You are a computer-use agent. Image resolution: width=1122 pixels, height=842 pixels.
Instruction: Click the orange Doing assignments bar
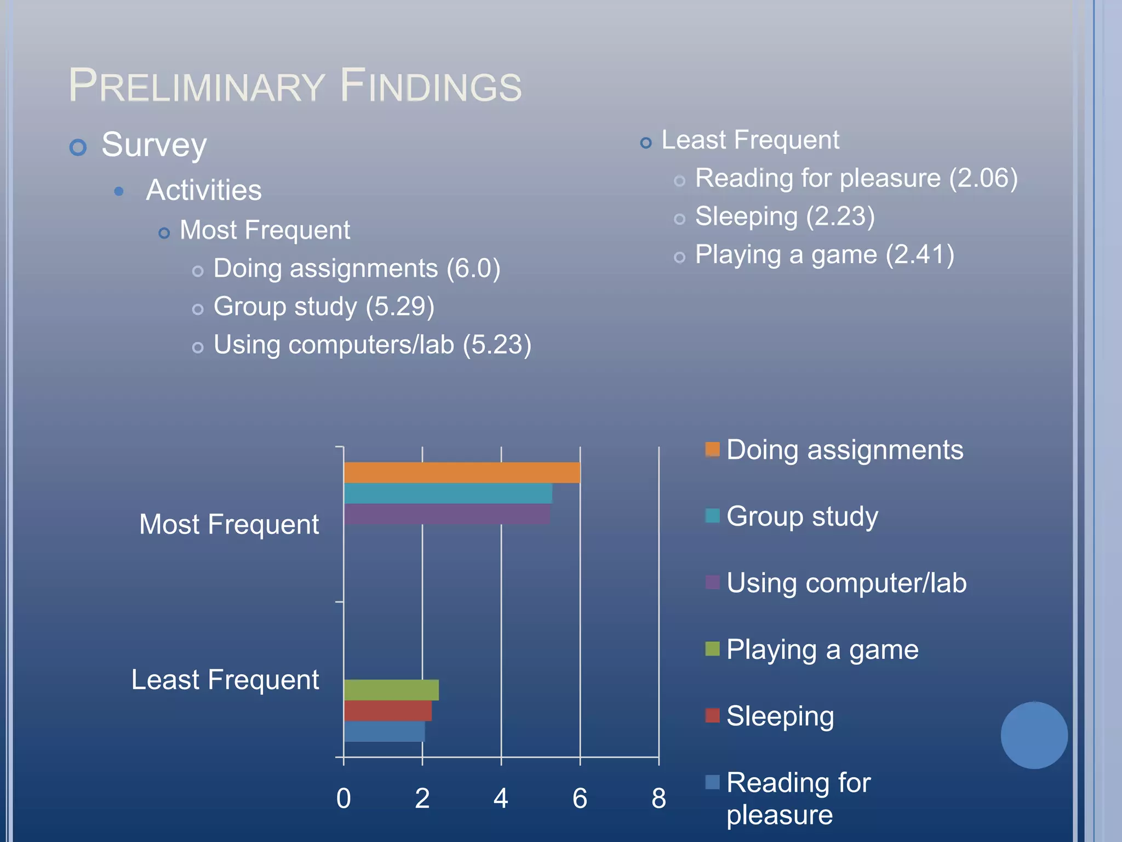[x=462, y=473]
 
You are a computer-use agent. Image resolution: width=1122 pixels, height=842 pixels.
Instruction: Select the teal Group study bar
[x=448, y=493]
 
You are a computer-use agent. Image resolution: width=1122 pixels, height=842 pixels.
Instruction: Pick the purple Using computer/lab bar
[x=447, y=514]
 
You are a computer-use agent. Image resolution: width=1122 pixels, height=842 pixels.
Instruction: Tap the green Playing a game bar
[x=391, y=690]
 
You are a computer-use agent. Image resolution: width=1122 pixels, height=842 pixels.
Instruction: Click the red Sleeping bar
[x=388, y=710]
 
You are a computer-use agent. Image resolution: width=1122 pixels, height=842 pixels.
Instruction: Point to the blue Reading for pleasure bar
[x=385, y=731]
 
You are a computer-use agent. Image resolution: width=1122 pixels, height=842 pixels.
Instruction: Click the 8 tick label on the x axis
[x=659, y=798]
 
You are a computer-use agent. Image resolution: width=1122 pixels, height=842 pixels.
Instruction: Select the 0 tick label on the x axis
[x=344, y=798]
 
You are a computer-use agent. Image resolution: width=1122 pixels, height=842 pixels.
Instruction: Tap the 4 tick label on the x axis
[x=501, y=798]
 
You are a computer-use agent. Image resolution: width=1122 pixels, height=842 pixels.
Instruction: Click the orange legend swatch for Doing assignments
[x=712, y=450]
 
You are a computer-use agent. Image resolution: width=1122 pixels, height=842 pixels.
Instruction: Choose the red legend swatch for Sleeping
[x=712, y=715]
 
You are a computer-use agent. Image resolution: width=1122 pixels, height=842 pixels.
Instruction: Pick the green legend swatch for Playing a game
[x=712, y=649]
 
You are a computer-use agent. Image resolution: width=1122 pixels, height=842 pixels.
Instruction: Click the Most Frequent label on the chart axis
[x=229, y=524]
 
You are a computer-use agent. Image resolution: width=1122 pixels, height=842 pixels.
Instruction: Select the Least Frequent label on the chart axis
[x=225, y=680]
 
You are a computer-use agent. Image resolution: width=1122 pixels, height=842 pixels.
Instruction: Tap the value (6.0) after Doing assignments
[x=473, y=269]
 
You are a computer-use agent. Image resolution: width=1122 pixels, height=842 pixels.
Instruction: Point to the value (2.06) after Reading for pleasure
[x=983, y=178]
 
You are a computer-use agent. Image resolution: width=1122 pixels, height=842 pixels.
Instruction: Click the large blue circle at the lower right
[x=1034, y=735]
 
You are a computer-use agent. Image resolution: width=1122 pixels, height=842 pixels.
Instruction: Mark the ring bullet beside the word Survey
[x=78, y=147]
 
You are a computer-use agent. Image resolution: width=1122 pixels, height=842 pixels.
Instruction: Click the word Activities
[x=204, y=190]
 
